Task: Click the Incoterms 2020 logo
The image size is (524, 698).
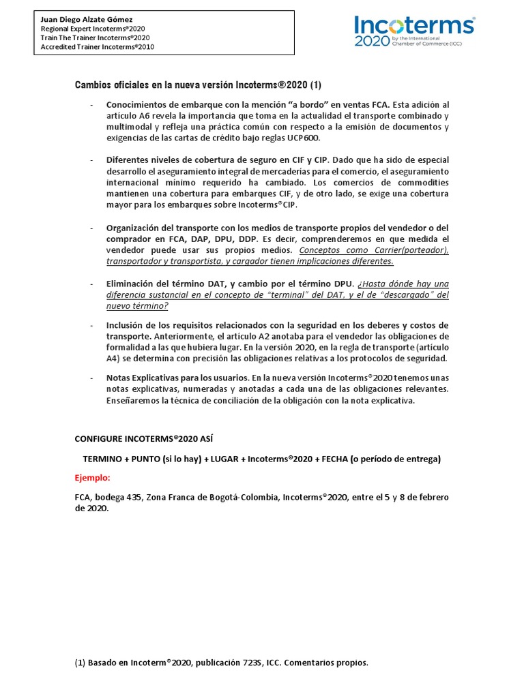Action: [414, 31]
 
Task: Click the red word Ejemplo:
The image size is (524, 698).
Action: [92, 478]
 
